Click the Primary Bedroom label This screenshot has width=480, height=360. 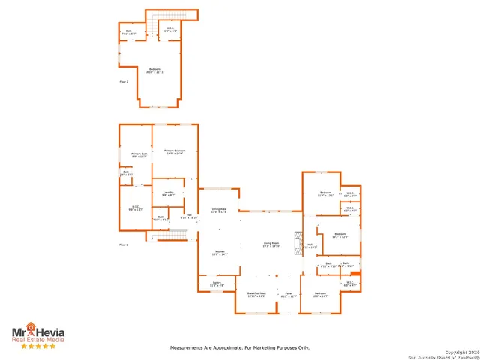coord(175,151)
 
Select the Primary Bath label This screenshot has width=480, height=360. coord(139,155)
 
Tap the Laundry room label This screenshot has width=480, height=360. coord(168,193)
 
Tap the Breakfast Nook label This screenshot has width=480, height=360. coord(257,294)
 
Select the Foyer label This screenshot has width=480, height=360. coord(288,294)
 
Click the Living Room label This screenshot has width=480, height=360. coord(271,244)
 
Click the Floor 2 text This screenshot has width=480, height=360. coord(124,81)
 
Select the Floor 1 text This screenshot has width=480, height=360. coord(124,244)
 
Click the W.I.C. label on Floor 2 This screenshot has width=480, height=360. coord(170,30)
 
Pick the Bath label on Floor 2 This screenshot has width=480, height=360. coord(130,32)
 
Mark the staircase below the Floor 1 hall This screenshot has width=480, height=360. coord(172,236)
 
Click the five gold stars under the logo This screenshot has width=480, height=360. coord(37,346)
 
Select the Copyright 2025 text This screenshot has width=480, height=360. coord(459,351)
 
